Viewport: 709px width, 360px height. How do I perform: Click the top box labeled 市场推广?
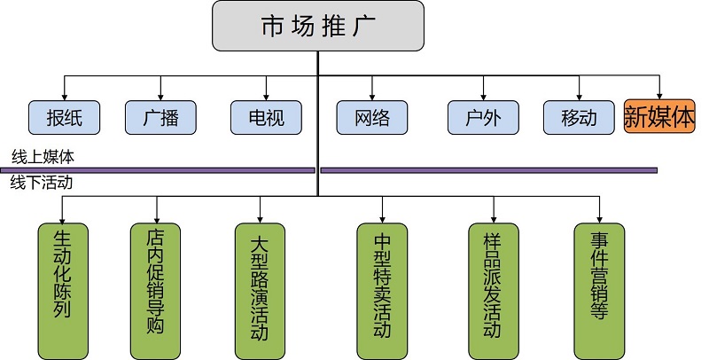tap(318, 27)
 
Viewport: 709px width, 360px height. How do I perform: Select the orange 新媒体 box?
tap(659, 116)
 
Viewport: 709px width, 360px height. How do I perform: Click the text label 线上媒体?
tap(43, 156)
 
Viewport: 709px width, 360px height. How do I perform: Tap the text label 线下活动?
tap(43, 184)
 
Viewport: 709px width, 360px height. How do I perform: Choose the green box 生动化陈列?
tap(63, 288)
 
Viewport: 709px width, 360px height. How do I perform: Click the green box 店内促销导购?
tap(156, 288)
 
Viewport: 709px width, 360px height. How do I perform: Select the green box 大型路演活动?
tap(260, 288)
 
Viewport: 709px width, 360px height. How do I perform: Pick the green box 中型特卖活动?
tap(382, 288)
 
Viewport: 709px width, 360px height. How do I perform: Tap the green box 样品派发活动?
tap(493, 288)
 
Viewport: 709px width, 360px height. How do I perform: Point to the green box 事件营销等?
tap(599, 288)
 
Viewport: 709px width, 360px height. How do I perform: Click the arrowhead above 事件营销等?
tap(599, 218)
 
